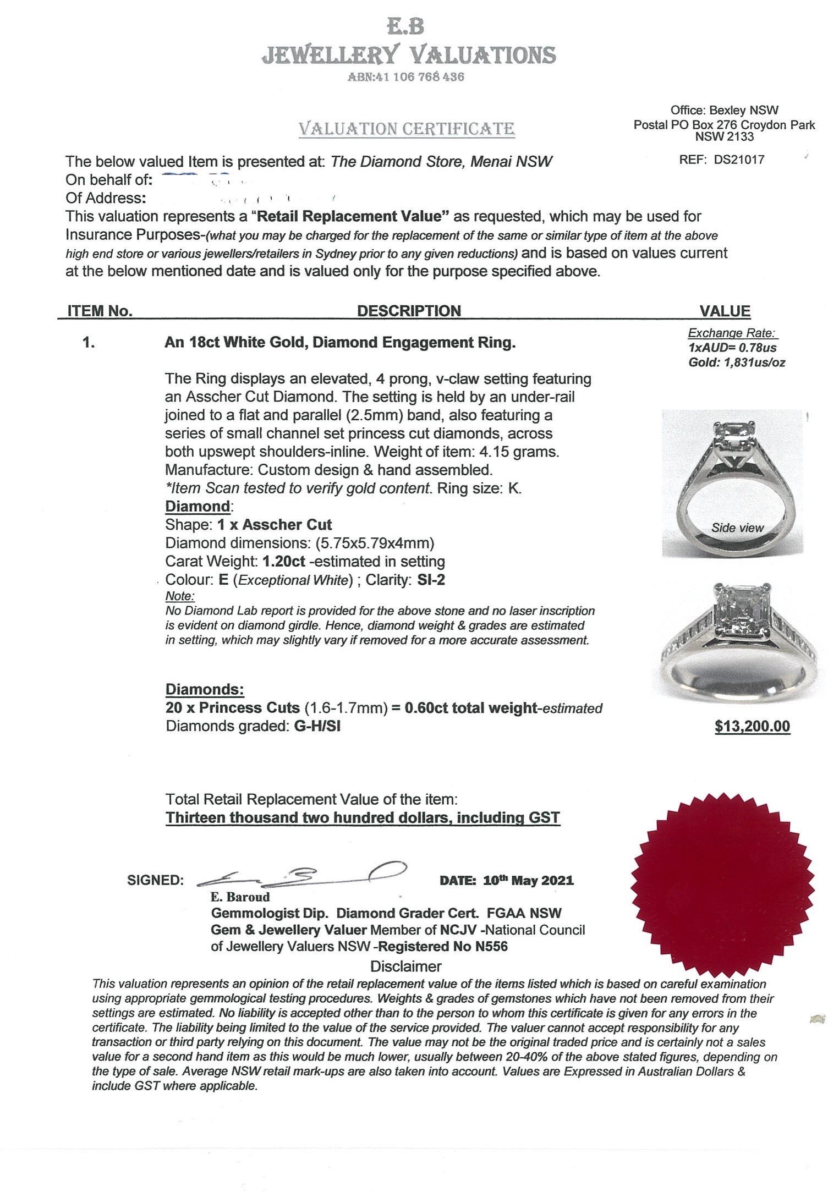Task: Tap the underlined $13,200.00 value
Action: (x=752, y=726)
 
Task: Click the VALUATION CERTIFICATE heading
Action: (x=407, y=129)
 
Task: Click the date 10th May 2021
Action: (x=528, y=880)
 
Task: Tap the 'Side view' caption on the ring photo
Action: (x=737, y=528)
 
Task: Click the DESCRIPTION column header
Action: (x=409, y=311)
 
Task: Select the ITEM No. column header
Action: (x=100, y=311)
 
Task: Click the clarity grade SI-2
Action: (x=431, y=580)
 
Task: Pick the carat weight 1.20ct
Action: (x=284, y=562)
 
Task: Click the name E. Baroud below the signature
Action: (x=240, y=897)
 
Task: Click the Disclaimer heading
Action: (x=405, y=966)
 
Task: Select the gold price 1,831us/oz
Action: (x=753, y=362)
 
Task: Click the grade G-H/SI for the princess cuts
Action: (x=317, y=726)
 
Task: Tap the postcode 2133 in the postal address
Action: (x=741, y=137)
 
